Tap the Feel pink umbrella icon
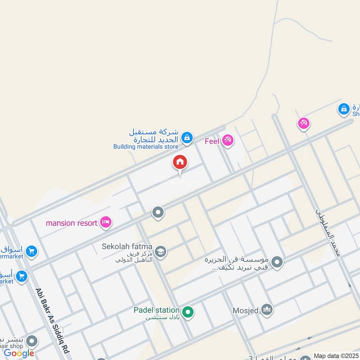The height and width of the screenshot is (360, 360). (x=228, y=141)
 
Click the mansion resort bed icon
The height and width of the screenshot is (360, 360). (x=106, y=222)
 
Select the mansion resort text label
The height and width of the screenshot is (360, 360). (x=72, y=223)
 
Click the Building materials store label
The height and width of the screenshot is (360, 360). (x=145, y=146)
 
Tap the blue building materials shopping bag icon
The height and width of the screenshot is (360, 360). (x=188, y=137)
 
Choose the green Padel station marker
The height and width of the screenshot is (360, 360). (x=188, y=311)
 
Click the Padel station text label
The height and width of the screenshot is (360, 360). (x=156, y=310)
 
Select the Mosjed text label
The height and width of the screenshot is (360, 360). (x=245, y=310)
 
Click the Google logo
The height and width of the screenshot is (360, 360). (x=19, y=353)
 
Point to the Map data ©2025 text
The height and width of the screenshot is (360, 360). (x=336, y=355)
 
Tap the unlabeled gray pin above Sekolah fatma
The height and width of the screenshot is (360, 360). (x=157, y=212)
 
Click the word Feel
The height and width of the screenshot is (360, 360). (x=212, y=141)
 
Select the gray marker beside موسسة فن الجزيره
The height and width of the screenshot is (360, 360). (x=278, y=261)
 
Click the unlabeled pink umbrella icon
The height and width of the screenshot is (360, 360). (x=304, y=123)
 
